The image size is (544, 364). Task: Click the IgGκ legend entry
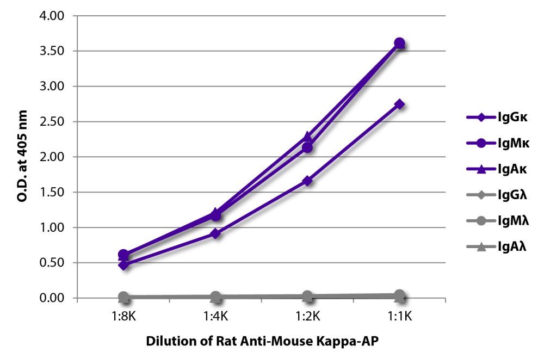pos(495,116)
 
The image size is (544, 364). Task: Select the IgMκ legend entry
pos(495,143)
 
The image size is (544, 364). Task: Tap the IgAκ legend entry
pos(495,169)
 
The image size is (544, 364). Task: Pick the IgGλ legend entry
pos(495,195)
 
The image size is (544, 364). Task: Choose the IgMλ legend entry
pos(495,221)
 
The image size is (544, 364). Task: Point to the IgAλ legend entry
pos(495,248)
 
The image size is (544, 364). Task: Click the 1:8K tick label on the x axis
pos(123,315)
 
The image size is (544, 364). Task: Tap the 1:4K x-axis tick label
pos(215,315)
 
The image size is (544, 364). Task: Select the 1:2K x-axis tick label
pos(307,315)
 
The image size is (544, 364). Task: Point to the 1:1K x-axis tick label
pos(399,315)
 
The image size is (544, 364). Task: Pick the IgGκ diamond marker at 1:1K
pos(399,104)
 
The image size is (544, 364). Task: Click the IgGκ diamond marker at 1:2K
pos(307,181)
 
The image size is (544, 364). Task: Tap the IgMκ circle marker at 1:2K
pos(307,147)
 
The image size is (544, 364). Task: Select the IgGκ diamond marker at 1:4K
pos(215,234)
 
